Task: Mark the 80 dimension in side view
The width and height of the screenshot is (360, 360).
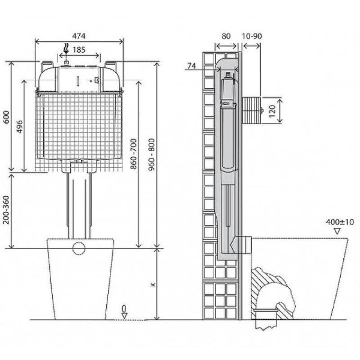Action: [226, 35]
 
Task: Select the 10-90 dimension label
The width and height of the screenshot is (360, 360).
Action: [252, 35]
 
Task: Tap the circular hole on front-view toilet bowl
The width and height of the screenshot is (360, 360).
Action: [79, 248]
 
